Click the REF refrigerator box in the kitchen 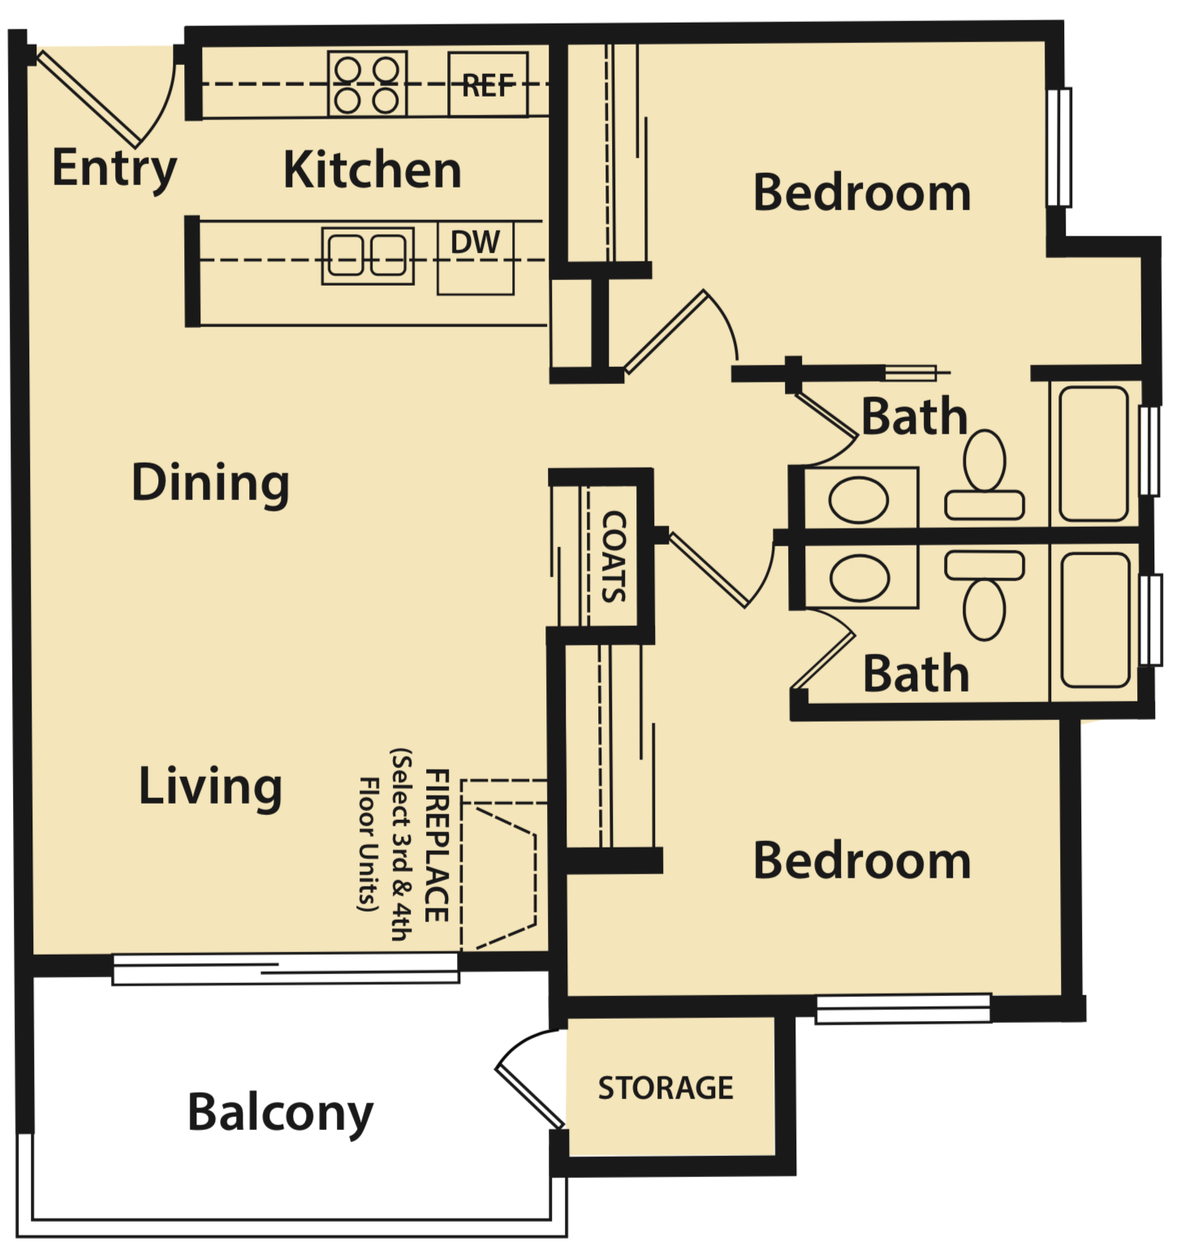point(488,84)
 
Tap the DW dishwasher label point(476,243)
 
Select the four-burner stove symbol point(367,84)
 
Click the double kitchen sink point(367,255)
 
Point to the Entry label point(114,169)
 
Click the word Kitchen point(373,170)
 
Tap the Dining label point(210,483)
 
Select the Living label point(210,786)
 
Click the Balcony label point(280,1112)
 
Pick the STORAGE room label point(666,1088)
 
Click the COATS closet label point(614,556)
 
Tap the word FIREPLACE point(437,845)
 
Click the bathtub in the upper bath point(1093,454)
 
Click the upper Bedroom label point(862,193)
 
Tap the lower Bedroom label point(862,860)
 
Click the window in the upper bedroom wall point(1058,147)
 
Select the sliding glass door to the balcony point(286,968)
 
